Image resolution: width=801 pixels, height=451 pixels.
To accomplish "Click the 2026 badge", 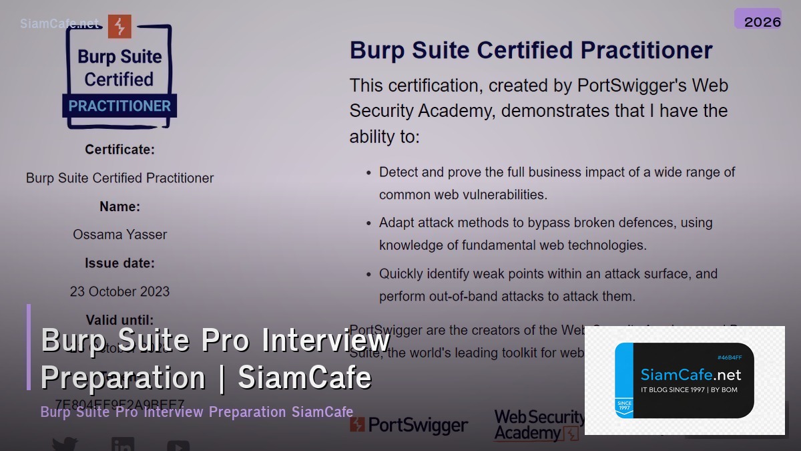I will click(758, 19).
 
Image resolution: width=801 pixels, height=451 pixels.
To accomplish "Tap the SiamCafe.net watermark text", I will click(59, 23).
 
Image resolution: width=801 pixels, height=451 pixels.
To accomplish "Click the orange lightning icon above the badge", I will click(120, 26).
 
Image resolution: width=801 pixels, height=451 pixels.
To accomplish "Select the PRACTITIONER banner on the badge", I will click(119, 106).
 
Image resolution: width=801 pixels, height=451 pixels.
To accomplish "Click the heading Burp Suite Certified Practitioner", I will click(531, 50).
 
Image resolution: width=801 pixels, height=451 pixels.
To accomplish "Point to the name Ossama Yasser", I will click(119, 235).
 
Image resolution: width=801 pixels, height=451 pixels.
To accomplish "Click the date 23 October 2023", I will click(119, 291).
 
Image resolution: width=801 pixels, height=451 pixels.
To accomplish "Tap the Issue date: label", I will click(119, 263).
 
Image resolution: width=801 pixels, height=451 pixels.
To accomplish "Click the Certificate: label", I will click(119, 150).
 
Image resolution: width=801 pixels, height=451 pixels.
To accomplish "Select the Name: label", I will click(119, 206).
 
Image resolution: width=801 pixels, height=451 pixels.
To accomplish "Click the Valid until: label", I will click(119, 319).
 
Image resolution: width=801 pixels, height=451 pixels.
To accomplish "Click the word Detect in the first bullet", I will click(398, 172).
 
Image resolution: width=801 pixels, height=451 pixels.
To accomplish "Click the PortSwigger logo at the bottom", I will click(409, 425).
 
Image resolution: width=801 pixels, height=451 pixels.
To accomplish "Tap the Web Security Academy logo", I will click(538, 425).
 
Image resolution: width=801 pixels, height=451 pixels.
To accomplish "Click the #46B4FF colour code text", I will click(729, 358).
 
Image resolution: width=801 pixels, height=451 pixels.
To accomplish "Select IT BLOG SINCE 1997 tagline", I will click(689, 390).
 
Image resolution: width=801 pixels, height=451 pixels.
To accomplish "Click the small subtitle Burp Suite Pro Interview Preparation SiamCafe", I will click(197, 412).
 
